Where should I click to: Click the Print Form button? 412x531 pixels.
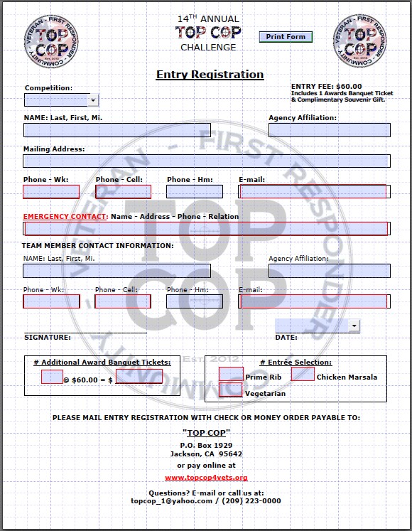(285, 36)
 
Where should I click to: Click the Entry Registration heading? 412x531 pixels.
(210, 75)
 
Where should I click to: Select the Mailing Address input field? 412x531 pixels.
(206, 161)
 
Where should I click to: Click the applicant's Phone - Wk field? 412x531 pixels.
(51, 191)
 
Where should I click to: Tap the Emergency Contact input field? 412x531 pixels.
(206, 228)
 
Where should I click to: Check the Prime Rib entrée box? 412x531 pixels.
(231, 374)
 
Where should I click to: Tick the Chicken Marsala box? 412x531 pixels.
(303, 373)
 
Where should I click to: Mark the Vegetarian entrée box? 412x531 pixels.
(230, 390)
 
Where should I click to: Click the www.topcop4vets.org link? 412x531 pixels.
(206, 478)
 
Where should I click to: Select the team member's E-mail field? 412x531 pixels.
(314, 301)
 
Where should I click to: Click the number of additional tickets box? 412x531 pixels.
(53, 377)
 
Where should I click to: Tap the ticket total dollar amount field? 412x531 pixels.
(139, 377)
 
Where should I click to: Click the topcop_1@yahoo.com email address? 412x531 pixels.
(172, 500)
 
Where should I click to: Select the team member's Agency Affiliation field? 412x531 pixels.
(329, 271)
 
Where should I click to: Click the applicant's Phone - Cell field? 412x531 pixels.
(123, 191)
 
